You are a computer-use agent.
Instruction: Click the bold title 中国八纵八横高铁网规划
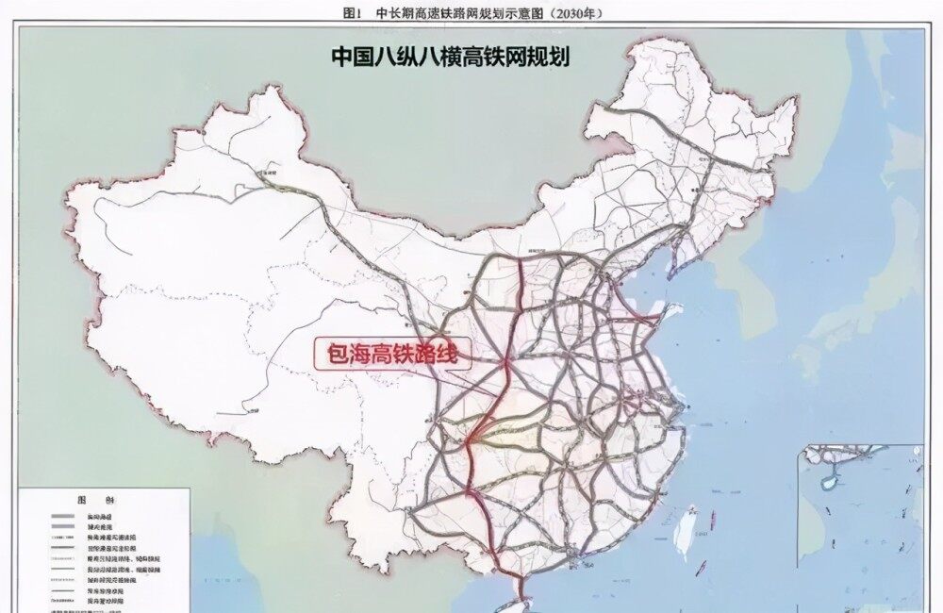coord(450,57)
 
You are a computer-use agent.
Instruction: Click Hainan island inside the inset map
coord(829,480)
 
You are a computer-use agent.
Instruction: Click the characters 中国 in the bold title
coord(349,57)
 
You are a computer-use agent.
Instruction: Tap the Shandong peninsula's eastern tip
coord(680,307)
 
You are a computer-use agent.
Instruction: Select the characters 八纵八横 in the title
coord(419,57)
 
